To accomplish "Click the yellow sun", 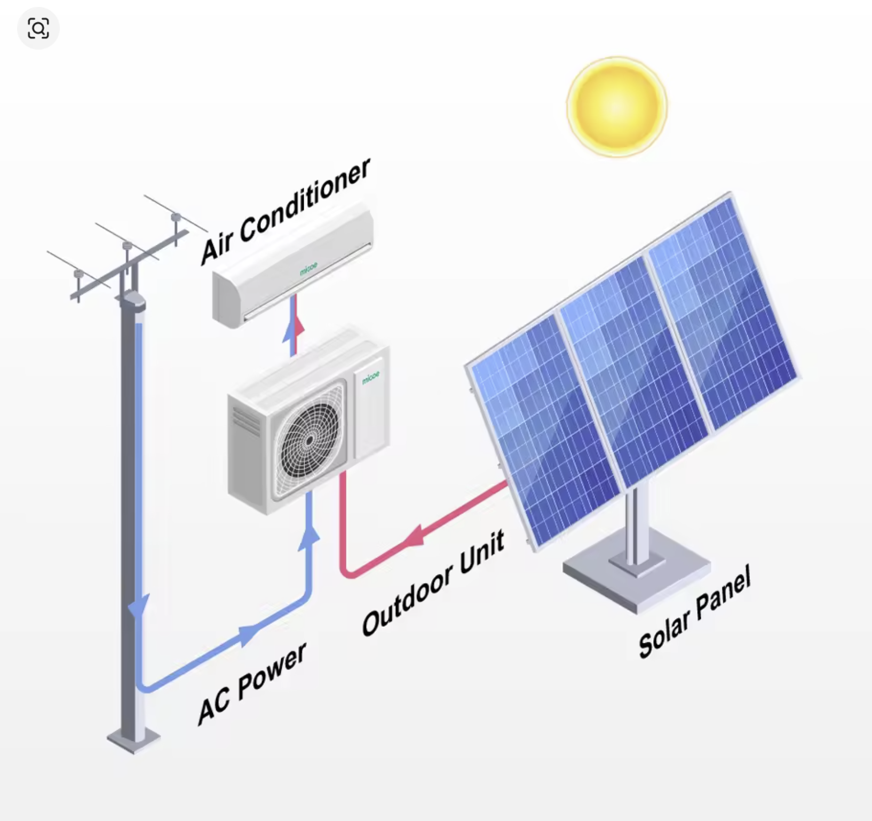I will coord(617,107).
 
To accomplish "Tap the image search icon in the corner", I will coord(38,28).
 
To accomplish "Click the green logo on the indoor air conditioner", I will coord(308,268).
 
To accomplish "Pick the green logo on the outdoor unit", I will coord(371,377).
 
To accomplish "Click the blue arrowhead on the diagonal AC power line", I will coord(249,635).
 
